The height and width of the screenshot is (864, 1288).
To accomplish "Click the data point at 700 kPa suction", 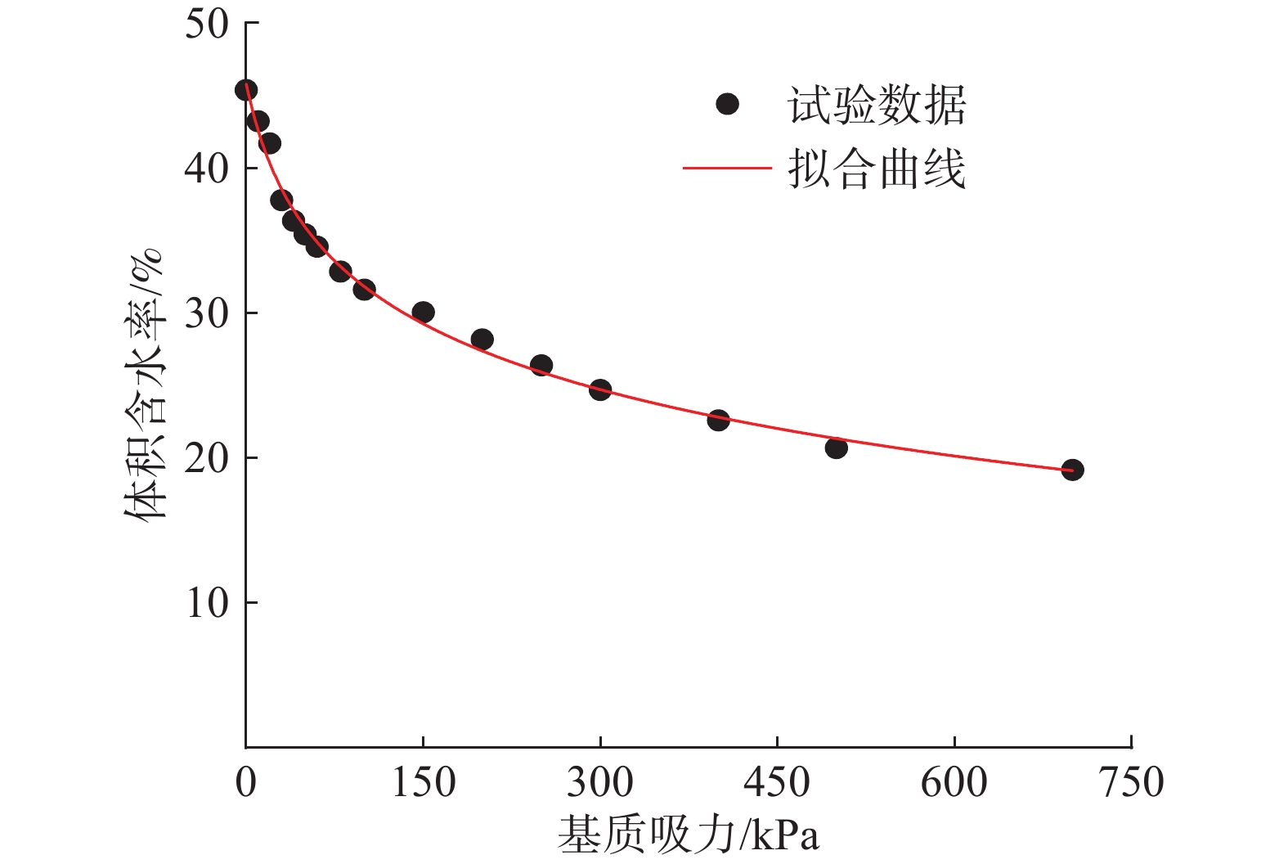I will [x=1072, y=470].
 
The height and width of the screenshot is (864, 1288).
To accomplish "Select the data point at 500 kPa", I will [x=836, y=448].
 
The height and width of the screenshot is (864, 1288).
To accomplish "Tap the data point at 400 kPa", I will [x=718, y=421].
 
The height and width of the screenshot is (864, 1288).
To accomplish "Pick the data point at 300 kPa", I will [x=600, y=389].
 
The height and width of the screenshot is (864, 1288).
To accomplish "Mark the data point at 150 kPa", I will [x=423, y=312].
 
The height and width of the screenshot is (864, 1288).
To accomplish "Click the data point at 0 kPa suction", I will [x=246, y=90].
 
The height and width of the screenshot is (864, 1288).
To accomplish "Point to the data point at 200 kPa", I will [x=482, y=340].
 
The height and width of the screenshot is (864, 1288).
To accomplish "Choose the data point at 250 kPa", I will [x=541, y=365].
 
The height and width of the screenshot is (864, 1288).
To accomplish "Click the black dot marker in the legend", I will [x=727, y=104].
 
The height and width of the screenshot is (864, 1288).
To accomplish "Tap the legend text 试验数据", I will [x=877, y=106].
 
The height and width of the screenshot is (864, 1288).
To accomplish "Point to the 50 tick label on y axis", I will [x=206, y=24].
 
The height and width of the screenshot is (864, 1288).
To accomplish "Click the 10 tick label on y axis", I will [x=206, y=603].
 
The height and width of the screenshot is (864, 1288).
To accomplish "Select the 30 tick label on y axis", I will [x=206, y=313].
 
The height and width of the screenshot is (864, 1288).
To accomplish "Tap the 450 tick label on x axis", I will [x=777, y=782].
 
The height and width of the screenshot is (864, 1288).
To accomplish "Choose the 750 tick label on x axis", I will [x=1131, y=782].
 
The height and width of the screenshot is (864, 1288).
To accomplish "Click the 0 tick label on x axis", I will [x=245, y=782].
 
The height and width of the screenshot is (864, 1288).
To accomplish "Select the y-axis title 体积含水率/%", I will [x=145, y=385].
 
